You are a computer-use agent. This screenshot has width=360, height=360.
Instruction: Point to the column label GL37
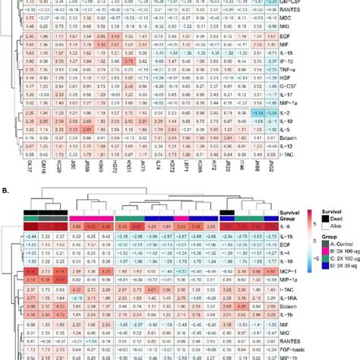[7, 185]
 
